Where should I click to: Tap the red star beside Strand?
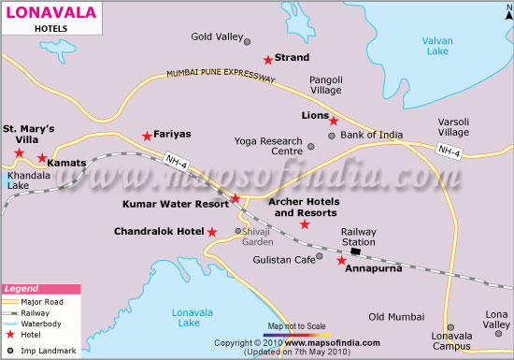pyautogui.click(x=267, y=59)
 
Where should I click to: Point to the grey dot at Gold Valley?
pyautogui.click(x=247, y=41)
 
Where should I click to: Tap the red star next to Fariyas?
pyautogui.click(x=147, y=136)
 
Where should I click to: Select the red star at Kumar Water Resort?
pyautogui.click(x=236, y=198)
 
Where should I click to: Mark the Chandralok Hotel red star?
pyautogui.click(x=212, y=232)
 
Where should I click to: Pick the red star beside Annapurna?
pyautogui.click(x=341, y=261)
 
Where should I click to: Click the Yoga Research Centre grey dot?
pyautogui.click(x=311, y=147)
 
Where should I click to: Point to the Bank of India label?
pyautogui.click(x=372, y=136)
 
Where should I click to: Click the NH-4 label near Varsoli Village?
pyautogui.click(x=449, y=151)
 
